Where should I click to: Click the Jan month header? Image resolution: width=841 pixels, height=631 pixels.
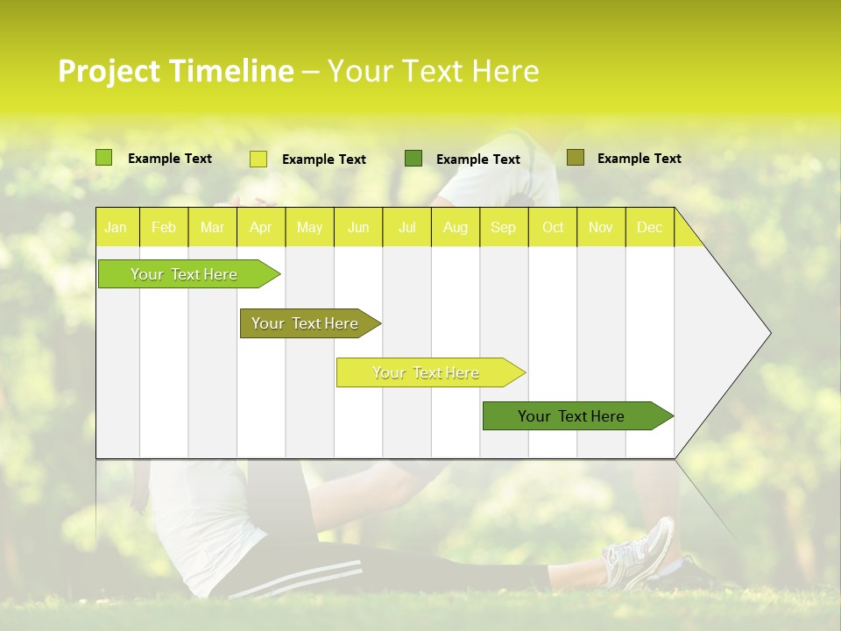tap(116, 228)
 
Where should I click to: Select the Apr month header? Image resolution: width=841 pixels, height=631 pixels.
tap(260, 228)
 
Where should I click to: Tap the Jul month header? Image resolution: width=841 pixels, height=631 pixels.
tap(406, 228)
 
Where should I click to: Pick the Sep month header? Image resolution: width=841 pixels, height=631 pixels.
tap(503, 228)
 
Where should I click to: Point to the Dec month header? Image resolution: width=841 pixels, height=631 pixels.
tap(649, 228)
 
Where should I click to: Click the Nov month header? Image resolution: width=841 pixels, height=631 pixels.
tap(600, 228)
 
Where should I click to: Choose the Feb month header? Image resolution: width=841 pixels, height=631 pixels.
tap(164, 228)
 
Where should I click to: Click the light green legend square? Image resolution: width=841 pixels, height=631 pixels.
tap(104, 158)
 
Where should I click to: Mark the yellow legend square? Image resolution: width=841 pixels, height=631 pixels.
tap(258, 159)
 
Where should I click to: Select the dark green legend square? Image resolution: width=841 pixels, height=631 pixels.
tap(413, 158)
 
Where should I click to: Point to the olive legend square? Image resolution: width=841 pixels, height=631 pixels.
tap(575, 158)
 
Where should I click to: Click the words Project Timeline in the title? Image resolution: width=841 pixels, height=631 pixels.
tap(175, 71)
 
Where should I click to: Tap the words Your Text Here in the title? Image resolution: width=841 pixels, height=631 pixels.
tap(433, 71)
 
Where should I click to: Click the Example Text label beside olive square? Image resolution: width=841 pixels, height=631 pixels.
tap(639, 159)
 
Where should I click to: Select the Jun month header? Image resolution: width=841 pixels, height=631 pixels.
tap(358, 228)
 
